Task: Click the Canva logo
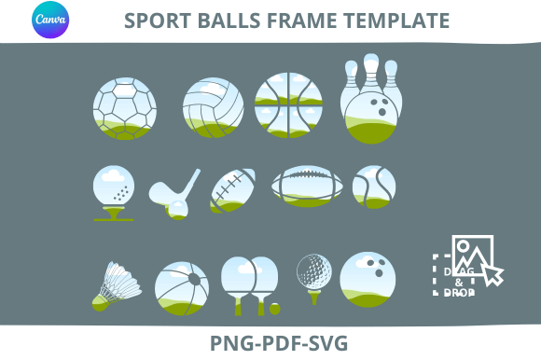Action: coord(50,20)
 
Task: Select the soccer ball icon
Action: coord(125,108)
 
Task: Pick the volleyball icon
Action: coord(214,107)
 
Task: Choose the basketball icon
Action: coord(288,105)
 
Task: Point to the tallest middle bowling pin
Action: coord(371,73)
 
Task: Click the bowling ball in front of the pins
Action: coord(371,118)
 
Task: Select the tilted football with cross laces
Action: coord(232,190)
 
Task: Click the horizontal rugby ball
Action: coord(307,187)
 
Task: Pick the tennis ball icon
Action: coord(374,187)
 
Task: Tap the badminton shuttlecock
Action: coord(117,286)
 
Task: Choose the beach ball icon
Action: coord(182,288)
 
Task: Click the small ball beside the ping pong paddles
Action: coord(275,309)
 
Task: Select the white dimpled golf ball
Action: coord(314,271)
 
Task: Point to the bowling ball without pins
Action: coord(368,279)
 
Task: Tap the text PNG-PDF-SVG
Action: coord(279,343)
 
